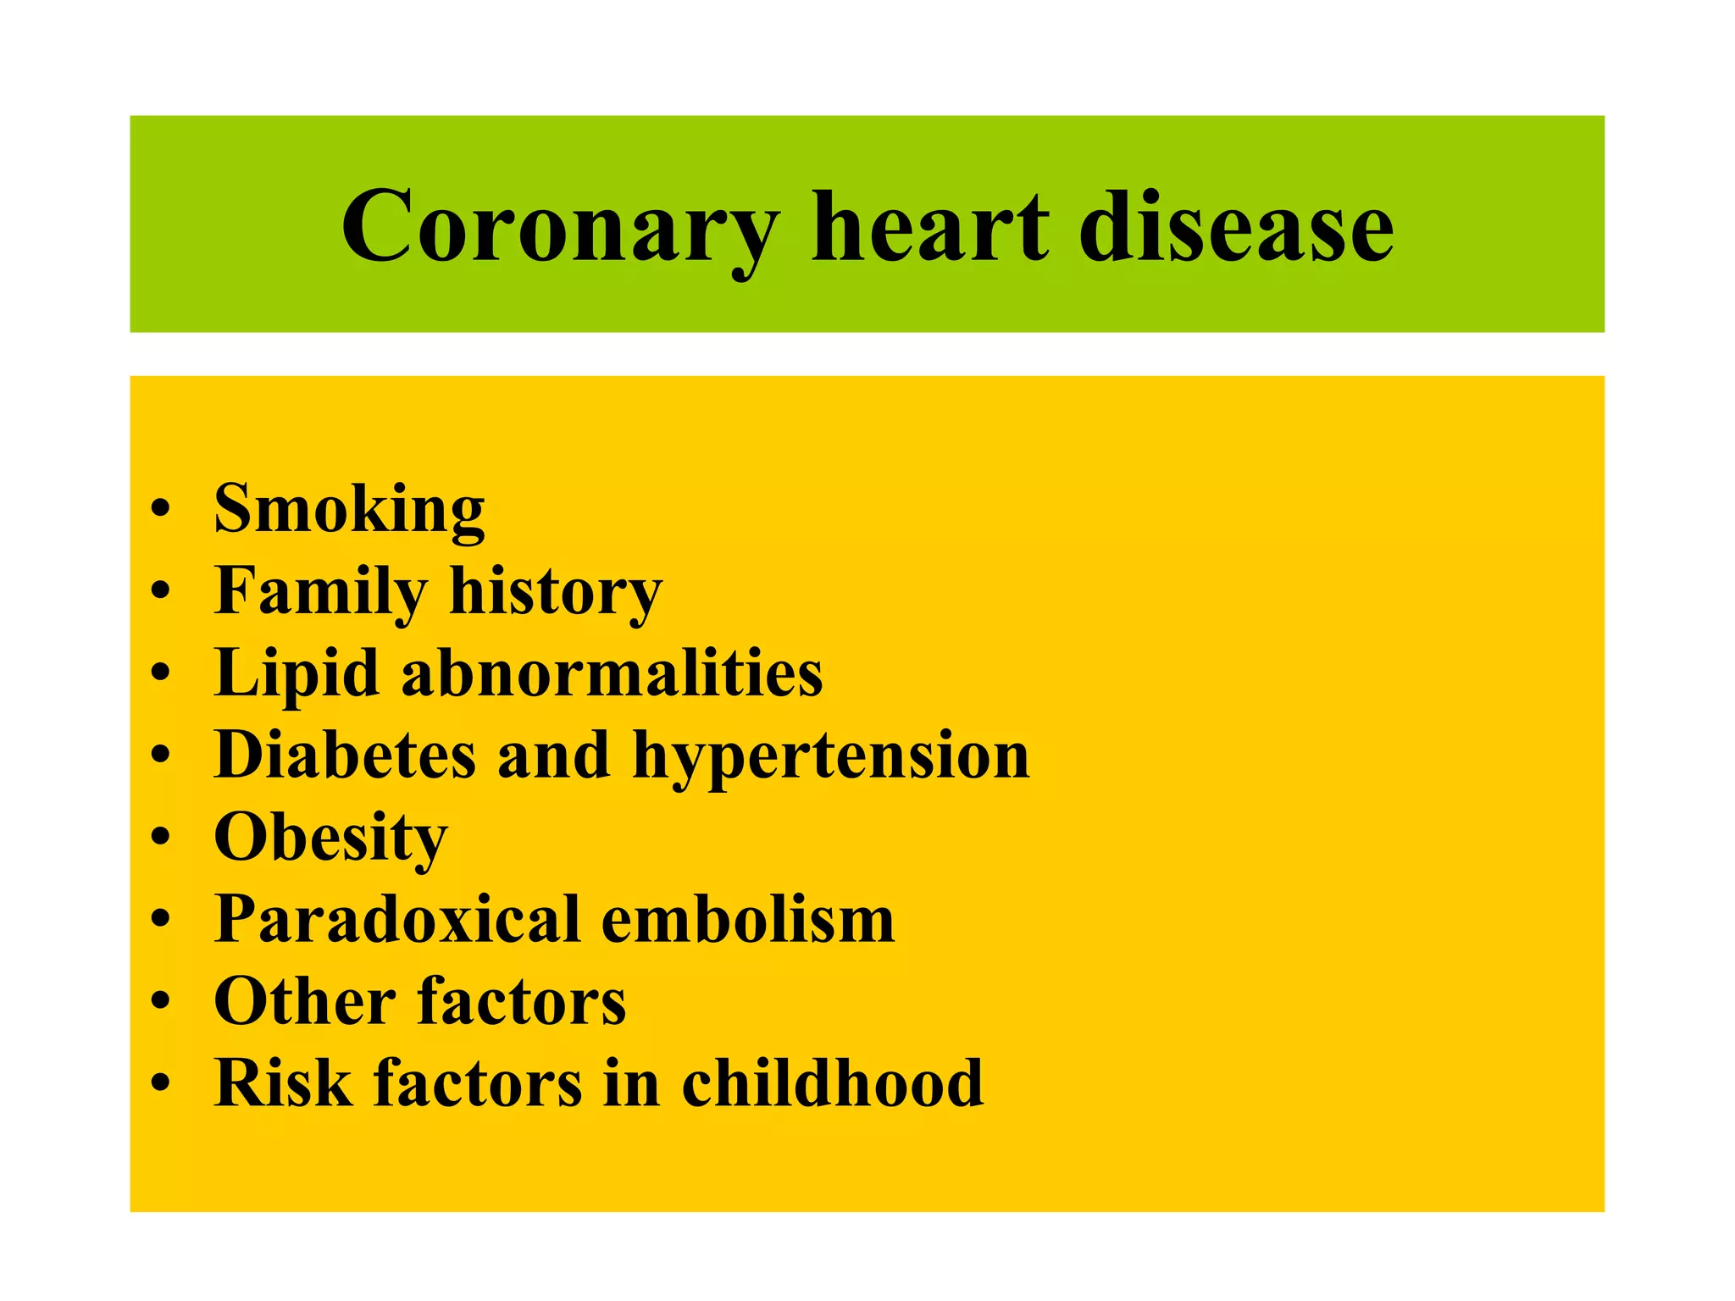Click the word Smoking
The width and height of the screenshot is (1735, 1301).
point(349,510)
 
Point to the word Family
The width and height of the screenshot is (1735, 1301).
point(320,592)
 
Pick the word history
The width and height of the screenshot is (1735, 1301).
point(556,592)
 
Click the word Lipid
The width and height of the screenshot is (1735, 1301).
point(296,673)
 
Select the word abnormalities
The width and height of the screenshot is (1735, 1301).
point(612,673)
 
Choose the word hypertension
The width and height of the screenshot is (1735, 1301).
point(831,756)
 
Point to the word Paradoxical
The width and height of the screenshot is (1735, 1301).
point(396,919)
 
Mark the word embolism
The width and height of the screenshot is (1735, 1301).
point(748,919)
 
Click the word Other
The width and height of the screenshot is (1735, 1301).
point(304,1001)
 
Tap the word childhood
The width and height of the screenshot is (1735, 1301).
point(833,1083)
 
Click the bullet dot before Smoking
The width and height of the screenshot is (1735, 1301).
point(160,511)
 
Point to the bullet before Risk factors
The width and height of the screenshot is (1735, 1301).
point(160,1083)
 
